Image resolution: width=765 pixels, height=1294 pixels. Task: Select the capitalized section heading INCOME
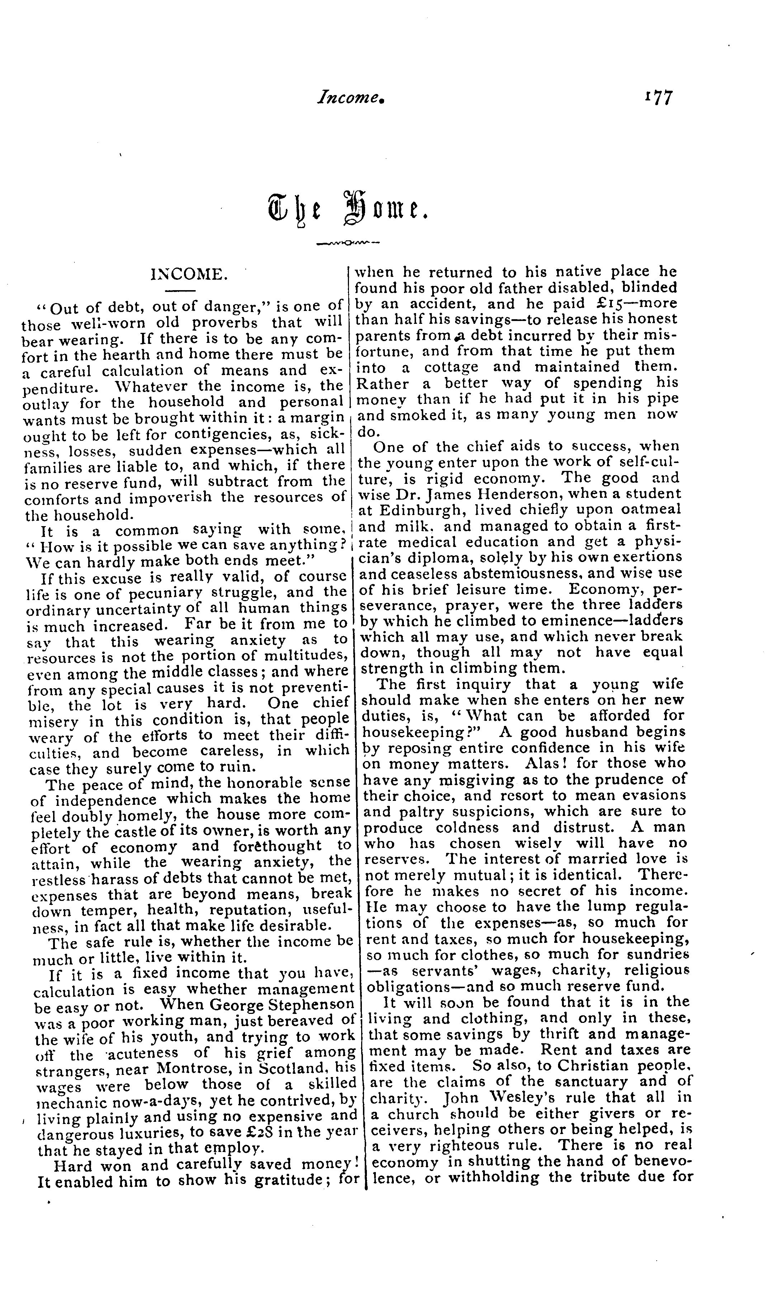tap(189, 274)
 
